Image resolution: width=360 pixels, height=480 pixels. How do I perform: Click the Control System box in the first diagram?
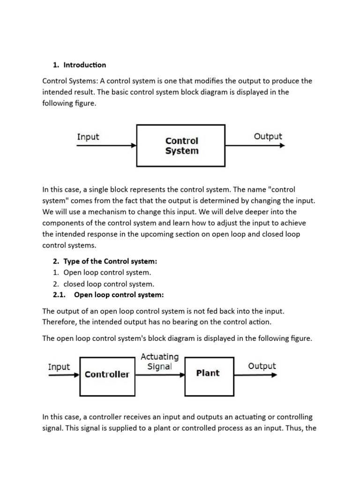coord(181,145)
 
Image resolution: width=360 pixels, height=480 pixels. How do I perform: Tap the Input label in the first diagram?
coord(88,137)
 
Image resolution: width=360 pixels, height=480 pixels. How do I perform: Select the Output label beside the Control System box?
coord(268,136)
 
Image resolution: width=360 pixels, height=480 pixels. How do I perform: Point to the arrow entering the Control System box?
coord(107,145)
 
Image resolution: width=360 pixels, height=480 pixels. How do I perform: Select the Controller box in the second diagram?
coord(107,375)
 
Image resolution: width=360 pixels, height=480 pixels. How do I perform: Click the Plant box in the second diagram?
coord(208,374)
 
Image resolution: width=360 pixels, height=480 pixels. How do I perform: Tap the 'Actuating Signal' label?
coord(159,362)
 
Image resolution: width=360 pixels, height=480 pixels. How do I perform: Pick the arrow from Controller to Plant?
coord(159,375)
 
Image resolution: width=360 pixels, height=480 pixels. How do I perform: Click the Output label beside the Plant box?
coord(262,366)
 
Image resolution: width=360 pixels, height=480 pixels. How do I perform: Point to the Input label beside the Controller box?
coord(59,367)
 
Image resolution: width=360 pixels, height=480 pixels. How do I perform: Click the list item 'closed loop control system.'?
coord(108,284)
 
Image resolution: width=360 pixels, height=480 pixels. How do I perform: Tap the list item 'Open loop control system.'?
coord(107,272)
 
